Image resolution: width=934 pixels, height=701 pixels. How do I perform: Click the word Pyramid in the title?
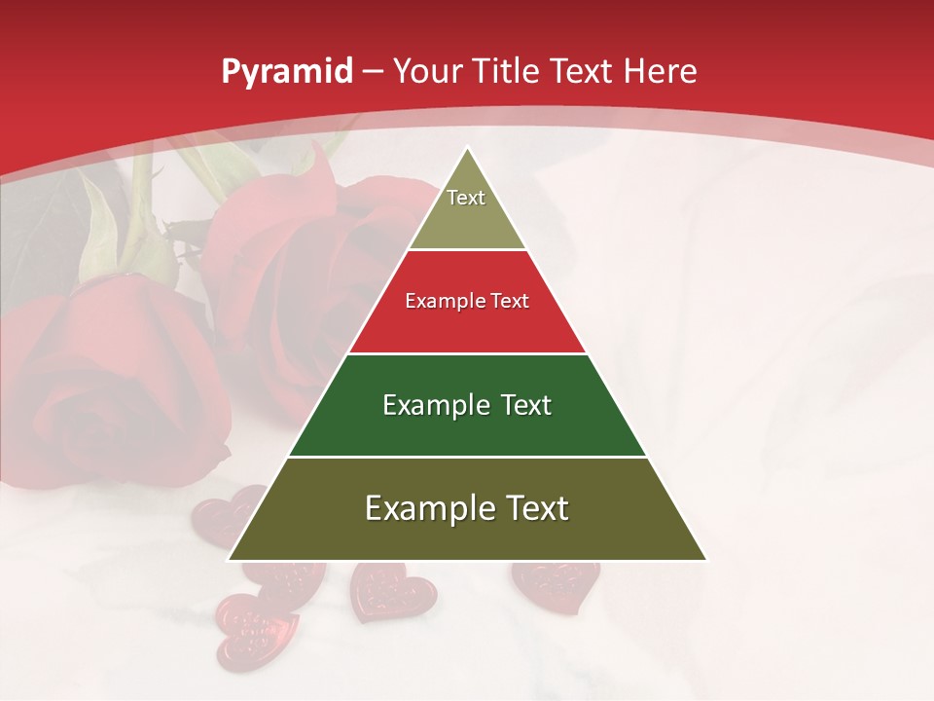tap(287, 72)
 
